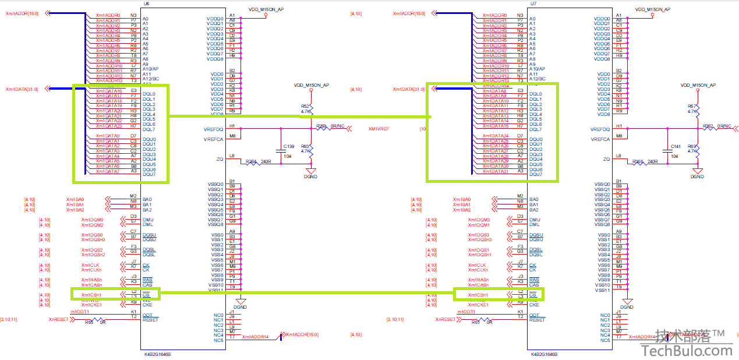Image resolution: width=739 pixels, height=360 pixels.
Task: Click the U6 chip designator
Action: click(x=146, y=3)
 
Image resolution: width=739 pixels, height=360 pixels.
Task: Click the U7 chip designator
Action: click(x=533, y=3)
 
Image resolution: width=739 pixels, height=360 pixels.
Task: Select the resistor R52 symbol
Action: click(x=311, y=109)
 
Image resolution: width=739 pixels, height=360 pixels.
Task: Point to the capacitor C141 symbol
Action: click(x=669, y=150)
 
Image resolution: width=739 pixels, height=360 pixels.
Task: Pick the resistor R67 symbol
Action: click(x=697, y=109)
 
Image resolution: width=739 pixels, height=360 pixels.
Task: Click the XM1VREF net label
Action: click(x=379, y=129)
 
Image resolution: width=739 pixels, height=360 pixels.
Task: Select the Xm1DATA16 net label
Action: click(x=109, y=91)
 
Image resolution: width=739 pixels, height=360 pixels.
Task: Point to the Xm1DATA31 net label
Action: click(x=496, y=171)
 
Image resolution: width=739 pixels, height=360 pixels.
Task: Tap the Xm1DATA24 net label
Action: click(x=496, y=136)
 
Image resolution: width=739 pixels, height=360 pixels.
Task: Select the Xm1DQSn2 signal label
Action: click(x=93, y=255)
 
